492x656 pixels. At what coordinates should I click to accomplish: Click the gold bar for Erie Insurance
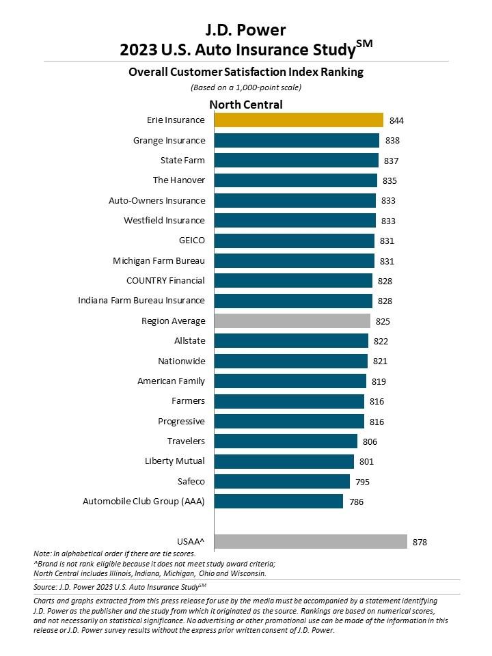(299, 120)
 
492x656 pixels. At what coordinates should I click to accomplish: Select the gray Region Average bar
(292, 320)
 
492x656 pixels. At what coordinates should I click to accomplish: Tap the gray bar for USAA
(310, 541)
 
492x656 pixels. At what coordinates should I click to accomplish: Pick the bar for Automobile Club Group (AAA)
(278, 502)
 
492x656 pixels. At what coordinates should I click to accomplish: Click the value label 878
(420, 542)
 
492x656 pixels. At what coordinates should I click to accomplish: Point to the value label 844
(396, 121)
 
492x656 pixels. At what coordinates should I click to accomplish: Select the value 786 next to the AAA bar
(356, 502)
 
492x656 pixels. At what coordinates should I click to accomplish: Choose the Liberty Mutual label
(174, 461)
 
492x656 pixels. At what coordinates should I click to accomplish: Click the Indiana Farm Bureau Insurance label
(141, 301)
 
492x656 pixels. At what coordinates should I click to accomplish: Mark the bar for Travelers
(286, 441)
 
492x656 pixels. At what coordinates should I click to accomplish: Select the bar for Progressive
(289, 421)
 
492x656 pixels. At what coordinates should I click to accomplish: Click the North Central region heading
(245, 105)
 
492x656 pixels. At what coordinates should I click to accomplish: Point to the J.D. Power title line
(245, 29)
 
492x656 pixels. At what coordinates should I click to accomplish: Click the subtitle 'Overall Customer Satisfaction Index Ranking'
(245, 72)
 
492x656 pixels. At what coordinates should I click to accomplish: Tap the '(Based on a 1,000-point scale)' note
(245, 87)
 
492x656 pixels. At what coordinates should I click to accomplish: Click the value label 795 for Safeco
(363, 482)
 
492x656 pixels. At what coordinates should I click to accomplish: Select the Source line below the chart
(120, 586)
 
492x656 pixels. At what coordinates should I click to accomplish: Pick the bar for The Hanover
(295, 180)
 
